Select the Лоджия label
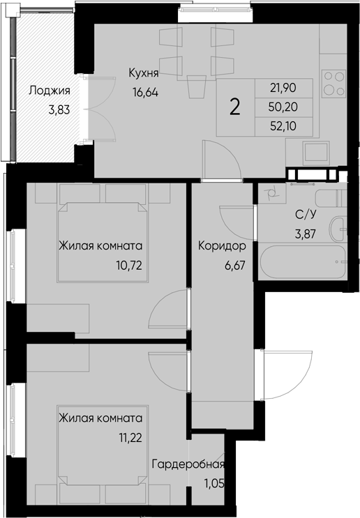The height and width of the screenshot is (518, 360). tap(48, 90)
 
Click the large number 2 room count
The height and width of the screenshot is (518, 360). tap(236, 106)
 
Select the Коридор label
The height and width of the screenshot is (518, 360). tap(221, 246)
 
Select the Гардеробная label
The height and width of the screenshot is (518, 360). tap(189, 465)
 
